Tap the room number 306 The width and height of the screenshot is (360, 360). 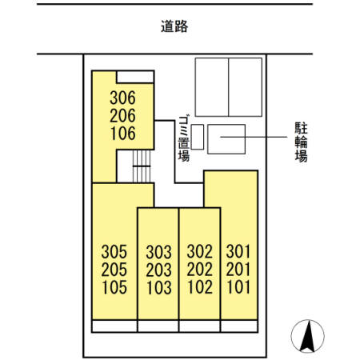(x=123, y=99)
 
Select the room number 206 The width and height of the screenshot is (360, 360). (x=123, y=116)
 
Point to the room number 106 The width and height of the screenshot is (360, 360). (x=123, y=133)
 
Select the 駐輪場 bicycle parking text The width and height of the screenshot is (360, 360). (x=302, y=141)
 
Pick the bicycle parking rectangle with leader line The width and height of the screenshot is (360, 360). (x=226, y=139)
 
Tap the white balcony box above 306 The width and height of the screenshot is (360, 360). (x=135, y=76)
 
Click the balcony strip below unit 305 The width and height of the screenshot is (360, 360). (x=114, y=326)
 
